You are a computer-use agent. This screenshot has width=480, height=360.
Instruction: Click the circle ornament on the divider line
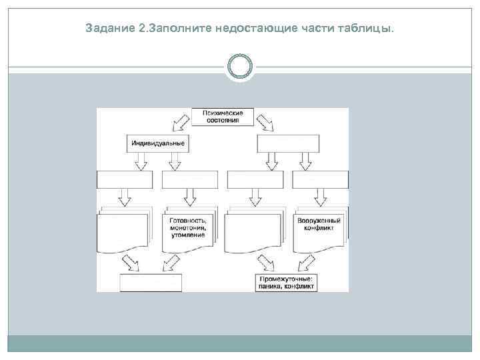(x=240, y=67)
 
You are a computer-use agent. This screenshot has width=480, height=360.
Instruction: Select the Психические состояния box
(x=223, y=117)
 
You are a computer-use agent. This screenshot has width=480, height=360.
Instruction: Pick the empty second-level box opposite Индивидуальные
(x=288, y=143)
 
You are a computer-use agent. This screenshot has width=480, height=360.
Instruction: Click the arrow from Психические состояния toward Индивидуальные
(x=179, y=122)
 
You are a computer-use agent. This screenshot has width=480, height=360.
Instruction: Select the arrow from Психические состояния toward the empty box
(x=265, y=122)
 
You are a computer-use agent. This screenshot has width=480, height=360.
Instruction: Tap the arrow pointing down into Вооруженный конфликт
(x=319, y=197)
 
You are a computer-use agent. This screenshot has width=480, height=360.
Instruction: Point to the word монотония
(x=188, y=228)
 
